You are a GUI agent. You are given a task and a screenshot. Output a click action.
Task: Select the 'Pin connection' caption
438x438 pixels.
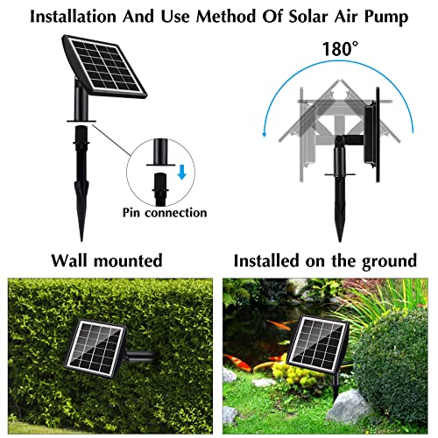(165, 213)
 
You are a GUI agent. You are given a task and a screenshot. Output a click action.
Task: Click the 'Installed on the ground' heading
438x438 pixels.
(325, 260)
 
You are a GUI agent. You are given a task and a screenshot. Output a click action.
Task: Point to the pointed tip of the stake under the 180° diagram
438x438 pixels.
(340, 237)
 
